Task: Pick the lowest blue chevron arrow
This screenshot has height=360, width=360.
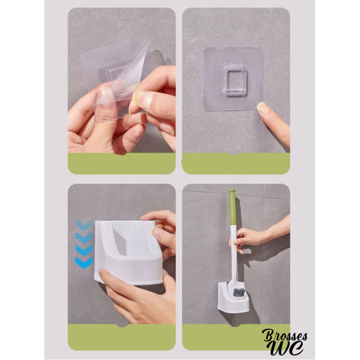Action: (84, 262)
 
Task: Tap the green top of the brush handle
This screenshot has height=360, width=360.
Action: (233, 207)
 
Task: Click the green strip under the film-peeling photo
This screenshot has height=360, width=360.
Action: (121, 163)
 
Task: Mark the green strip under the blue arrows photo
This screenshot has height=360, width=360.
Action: (121, 337)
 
